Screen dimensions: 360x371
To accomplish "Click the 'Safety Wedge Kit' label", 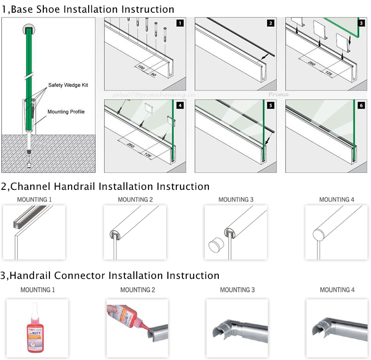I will [x=68, y=85].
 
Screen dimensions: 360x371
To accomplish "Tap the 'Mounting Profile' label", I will [x=66, y=112].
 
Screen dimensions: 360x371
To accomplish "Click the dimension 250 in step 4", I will [x=130, y=144].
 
